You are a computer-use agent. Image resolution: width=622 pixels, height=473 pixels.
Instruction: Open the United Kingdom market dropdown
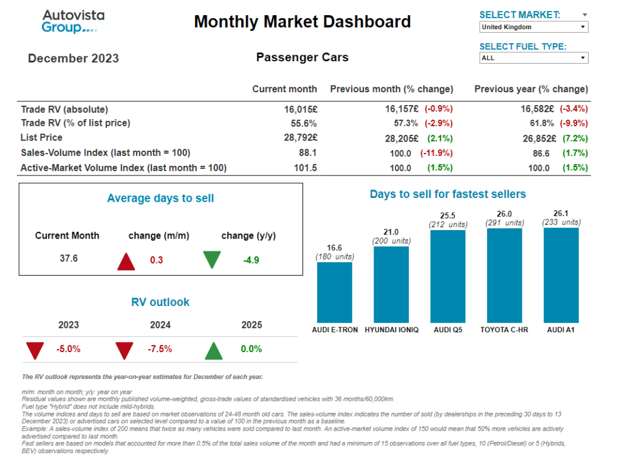pyautogui.click(x=533, y=27)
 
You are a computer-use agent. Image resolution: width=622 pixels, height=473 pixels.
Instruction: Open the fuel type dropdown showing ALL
pyautogui.click(x=533, y=58)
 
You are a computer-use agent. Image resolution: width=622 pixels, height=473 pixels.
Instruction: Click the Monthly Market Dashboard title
pyautogui.click(x=302, y=22)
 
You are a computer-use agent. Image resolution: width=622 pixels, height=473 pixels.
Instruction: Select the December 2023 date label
pyautogui.click(x=73, y=59)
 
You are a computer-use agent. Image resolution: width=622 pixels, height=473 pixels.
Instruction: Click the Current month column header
pyautogui.click(x=284, y=89)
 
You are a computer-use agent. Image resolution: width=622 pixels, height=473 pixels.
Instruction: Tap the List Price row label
pyautogui.click(x=41, y=138)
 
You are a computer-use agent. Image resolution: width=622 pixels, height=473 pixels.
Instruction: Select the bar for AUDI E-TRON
pyautogui.click(x=334, y=292)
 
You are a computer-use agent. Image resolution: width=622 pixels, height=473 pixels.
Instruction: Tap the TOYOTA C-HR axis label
pyautogui.click(x=504, y=330)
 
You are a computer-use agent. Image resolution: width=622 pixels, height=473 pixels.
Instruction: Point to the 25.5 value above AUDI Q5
pyautogui.click(x=448, y=216)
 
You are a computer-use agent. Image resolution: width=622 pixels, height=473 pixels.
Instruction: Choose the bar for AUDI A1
pyautogui.click(x=561, y=275)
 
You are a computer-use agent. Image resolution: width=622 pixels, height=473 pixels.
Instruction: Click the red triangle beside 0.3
pyautogui.click(x=126, y=261)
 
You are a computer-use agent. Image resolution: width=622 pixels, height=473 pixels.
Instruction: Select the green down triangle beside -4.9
pyautogui.click(x=212, y=260)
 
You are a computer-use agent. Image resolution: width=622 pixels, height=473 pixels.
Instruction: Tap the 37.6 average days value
pyautogui.click(x=69, y=259)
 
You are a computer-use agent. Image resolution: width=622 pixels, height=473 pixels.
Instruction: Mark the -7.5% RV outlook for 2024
pyautogui.click(x=160, y=349)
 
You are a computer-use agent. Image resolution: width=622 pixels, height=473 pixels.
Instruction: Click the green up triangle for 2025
pyautogui.click(x=213, y=350)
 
